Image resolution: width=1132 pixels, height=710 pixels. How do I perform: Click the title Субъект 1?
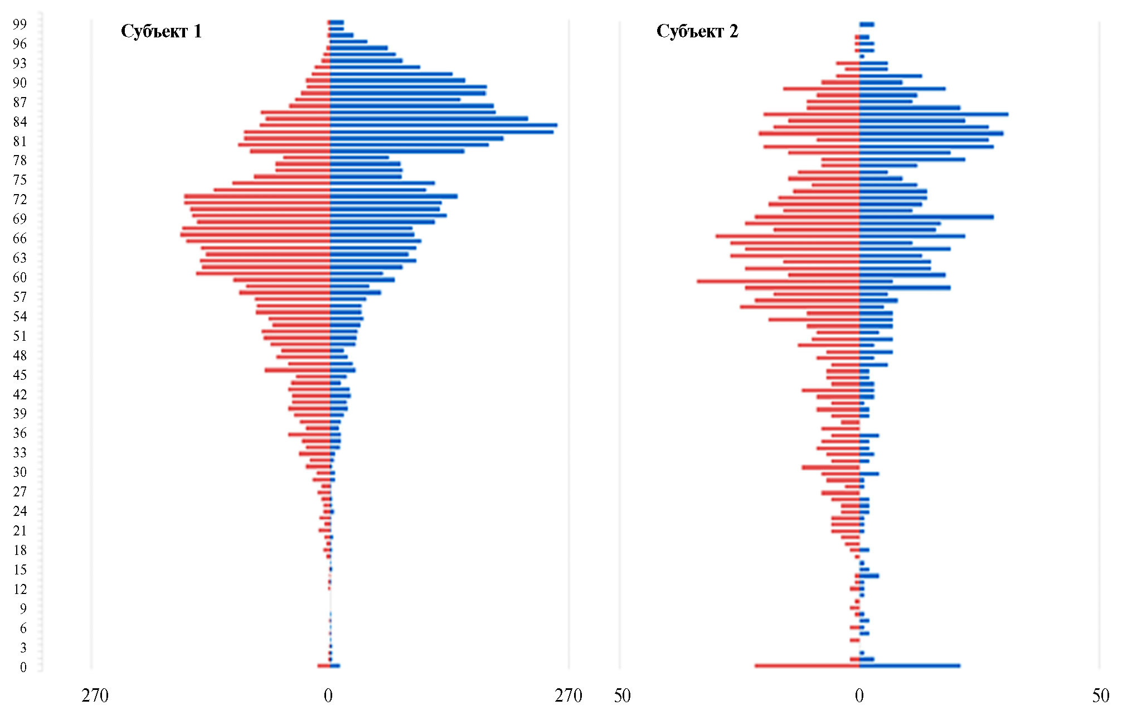coord(161,31)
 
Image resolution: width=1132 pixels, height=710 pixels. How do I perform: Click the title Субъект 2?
coord(697,31)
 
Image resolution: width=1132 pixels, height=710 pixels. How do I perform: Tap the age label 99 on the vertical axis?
coord(20,24)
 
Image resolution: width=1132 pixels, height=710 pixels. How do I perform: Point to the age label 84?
coord(20,122)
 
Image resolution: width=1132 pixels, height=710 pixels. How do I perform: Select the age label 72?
coord(20,199)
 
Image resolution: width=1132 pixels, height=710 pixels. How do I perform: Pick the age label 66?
coord(20,238)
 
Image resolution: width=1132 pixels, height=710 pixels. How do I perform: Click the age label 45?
coord(20,375)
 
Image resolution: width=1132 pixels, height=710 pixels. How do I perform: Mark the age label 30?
coord(20,472)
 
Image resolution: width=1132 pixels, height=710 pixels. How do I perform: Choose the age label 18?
coord(20,550)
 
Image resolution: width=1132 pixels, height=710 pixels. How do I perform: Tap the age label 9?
coord(23,608)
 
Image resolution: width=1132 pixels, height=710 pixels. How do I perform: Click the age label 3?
coord(23,648)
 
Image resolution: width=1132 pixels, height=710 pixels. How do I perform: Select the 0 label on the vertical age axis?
coord(23,667)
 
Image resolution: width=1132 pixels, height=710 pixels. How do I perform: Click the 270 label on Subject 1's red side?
coord(95,695)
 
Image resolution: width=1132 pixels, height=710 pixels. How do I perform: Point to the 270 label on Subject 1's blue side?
coord(568,695)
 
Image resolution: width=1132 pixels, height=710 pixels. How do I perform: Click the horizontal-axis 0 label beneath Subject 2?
coord(859,695)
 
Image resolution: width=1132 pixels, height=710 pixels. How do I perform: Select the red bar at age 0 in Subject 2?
coord(807,665)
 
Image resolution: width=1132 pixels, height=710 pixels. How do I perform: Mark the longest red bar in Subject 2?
coord(778,281)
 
